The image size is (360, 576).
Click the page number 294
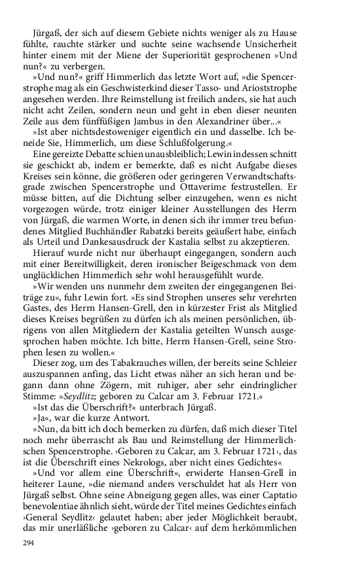27,543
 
